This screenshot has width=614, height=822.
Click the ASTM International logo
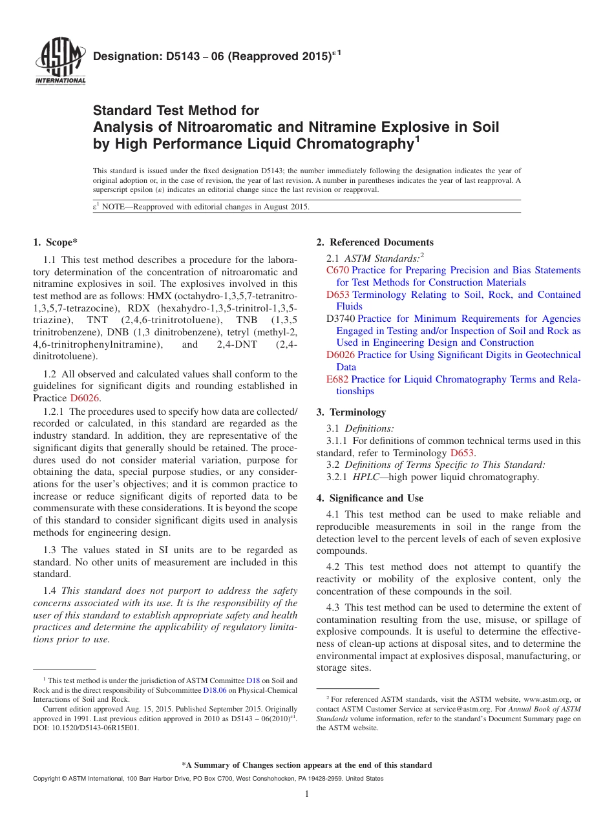59,63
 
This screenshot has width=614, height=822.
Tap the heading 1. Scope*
55,242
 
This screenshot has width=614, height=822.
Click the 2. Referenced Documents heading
375,242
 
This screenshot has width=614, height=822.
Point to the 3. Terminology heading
351,412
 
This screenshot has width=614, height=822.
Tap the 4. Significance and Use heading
370,498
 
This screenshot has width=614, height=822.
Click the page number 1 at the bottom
307,794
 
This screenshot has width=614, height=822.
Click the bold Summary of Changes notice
307,765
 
